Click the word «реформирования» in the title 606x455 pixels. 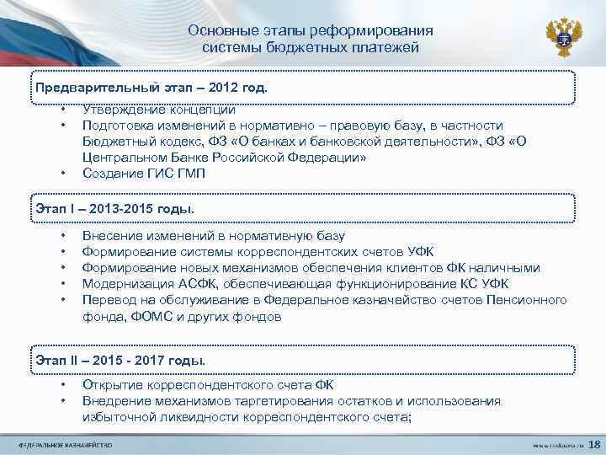(x=359, y=30)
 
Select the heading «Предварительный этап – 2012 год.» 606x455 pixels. (x=151, y=87)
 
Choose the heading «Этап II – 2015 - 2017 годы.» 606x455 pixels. (x=120, y=360)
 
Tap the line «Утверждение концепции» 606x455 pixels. (x=158, y=110)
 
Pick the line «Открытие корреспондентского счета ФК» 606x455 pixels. (x=208, y=385)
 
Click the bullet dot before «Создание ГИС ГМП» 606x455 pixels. (x=63, y=174)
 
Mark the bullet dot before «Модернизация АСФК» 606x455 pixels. (x=63, y=284)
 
